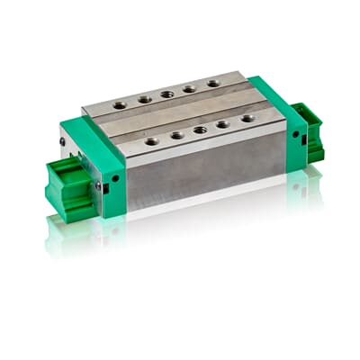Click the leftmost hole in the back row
pyautogui.click(x=120, y=104)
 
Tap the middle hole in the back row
pyautogui.click(x=167, y=94)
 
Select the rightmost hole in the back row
pyautogui.click(x=212, y=83)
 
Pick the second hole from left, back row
pyautogui.click(x=145, y=99)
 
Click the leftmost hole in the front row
pyautogui.click(x=152, y=140)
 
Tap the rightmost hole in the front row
pyautogui.click(x=247, y=118)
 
